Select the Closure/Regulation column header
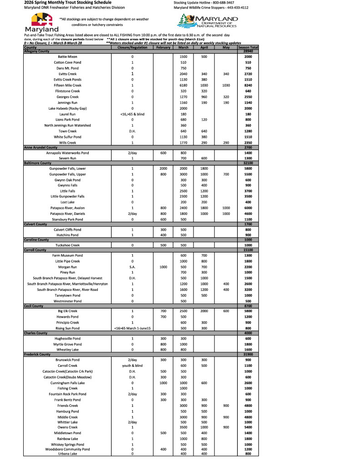pos(132,47)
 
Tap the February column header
pos(163,47)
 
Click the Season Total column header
pos(248,47)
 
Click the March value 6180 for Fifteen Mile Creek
pos(183,85)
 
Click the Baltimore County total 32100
pos(248,162)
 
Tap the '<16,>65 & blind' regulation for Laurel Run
pos(132,114)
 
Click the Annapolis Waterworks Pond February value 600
pos(163,153)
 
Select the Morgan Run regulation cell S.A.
pos(132,267)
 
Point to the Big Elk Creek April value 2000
pos(204,311)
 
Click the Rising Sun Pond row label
pos(67,328)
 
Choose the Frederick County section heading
pos(37,354)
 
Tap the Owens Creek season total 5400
pos(248,427)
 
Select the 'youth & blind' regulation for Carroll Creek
pos(132,365)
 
